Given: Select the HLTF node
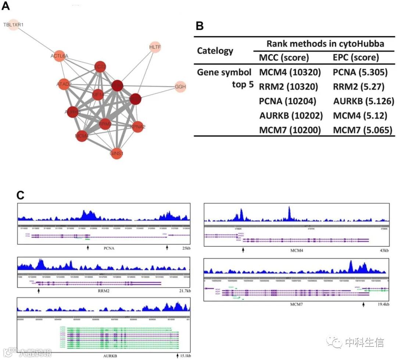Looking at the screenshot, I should click(x=155, y=47).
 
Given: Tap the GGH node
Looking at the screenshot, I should click(x=180, y=87).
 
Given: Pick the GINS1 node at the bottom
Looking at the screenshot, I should click(x=116, y=153).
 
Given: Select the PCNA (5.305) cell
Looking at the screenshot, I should click(x=360, y=72).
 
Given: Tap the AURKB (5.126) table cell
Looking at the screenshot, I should click(x=364, y=101).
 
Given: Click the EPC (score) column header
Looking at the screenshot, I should click(x=355, y=57).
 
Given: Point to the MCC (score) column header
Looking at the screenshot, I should click(x=284, y=57).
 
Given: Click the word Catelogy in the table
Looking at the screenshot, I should click(x=215, y=50).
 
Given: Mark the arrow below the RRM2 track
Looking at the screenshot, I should click(x=38, y=291).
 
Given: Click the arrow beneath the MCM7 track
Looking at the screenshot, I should click(x=364, y=304).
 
